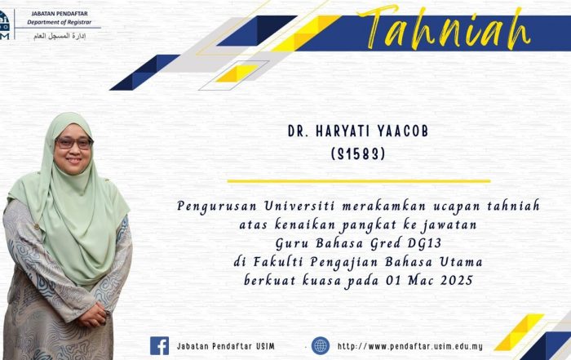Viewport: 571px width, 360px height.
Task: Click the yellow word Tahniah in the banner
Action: pos(444,28)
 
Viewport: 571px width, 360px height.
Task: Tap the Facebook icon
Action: pos(160,346)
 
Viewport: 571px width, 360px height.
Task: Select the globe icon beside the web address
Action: pos(321,346)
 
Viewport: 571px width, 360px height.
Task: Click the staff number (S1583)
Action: pos(358,154)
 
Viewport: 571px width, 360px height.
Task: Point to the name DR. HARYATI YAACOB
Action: pos(358,131)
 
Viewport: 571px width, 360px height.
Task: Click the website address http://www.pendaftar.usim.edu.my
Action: pos(410,346)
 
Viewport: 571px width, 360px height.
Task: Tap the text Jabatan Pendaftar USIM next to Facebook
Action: pos(226,346)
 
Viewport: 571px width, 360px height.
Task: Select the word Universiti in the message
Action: pos(299,206)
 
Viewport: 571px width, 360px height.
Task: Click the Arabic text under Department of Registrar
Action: pos(60,36)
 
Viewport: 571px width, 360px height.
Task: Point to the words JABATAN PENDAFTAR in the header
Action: pos(60,14)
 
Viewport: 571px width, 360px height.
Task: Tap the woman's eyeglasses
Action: pos(74,143)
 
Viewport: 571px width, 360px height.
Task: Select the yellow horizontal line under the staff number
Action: pos(359,180)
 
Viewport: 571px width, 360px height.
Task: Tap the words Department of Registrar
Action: pos(60,22)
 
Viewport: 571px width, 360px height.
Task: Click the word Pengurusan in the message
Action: pos(217,207)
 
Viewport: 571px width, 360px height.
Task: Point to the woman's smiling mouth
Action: pos(74,160)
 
